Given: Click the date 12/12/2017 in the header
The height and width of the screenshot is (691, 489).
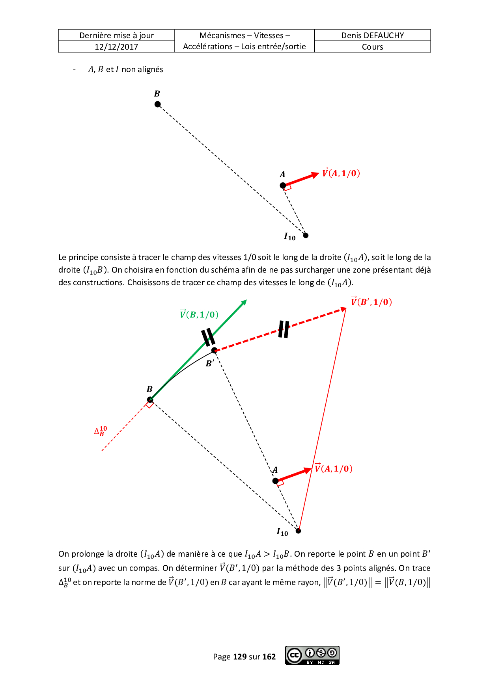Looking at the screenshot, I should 116,47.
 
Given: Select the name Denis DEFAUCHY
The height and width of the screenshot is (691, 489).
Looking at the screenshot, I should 372,35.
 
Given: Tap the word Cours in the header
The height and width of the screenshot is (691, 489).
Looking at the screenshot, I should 372,47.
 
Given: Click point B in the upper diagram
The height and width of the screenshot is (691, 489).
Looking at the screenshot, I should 158,104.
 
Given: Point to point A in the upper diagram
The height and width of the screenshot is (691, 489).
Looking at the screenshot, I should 283,185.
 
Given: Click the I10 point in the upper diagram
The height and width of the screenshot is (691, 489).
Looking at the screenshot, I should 306,236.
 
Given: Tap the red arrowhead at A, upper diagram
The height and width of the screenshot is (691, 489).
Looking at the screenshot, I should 315,175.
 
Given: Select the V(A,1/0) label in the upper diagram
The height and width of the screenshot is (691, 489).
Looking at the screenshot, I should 341,173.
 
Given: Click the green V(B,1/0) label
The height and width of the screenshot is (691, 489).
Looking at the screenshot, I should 199,314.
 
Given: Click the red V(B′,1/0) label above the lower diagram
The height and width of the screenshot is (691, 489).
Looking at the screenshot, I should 371,302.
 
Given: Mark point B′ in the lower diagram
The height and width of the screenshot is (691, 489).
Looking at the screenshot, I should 214,350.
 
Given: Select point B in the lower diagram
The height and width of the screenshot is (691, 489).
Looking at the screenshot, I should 150,400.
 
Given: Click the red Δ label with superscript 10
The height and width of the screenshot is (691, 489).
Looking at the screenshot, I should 100,431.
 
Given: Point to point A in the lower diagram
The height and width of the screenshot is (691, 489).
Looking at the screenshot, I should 275,481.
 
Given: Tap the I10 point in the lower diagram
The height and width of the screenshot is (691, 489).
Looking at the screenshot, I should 299,531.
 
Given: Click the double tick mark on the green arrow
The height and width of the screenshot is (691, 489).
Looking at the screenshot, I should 208,337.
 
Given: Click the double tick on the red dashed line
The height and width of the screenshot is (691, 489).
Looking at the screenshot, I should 284,329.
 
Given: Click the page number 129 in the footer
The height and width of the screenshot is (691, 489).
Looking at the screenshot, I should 240,656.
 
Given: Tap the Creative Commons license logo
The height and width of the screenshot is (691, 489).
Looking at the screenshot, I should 312,656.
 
